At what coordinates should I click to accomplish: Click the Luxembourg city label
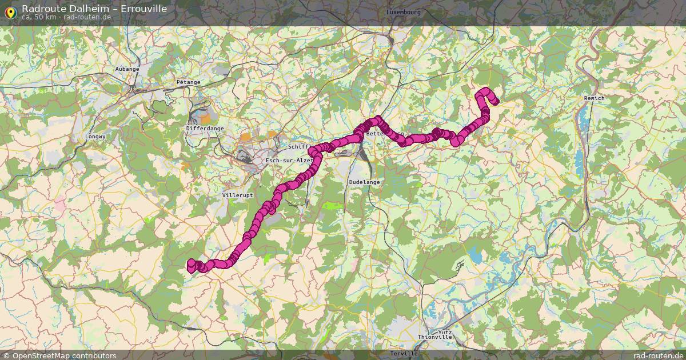tap(403, 12)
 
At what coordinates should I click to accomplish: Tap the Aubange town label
tap(127, 69)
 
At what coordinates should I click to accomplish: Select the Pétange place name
tap(188, 82)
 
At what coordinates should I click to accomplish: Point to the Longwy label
tap(95, 137)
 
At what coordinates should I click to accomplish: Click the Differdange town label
tap(205, 129)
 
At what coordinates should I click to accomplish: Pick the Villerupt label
tap(237, 195)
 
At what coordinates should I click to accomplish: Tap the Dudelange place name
tap(364, 182)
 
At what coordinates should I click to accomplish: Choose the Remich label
tap(594, 98)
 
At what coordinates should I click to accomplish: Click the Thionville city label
tap(435, 337)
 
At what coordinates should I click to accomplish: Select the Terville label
tap(404, 354)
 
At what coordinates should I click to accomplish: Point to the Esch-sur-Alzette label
tap(290, 161)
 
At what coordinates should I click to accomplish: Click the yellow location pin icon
tap(10, 12)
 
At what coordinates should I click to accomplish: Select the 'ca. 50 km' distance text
tap(38, 17)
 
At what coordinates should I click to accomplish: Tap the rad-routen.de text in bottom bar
tap(658, 355)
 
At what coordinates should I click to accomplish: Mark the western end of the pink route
tap(192, 264)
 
